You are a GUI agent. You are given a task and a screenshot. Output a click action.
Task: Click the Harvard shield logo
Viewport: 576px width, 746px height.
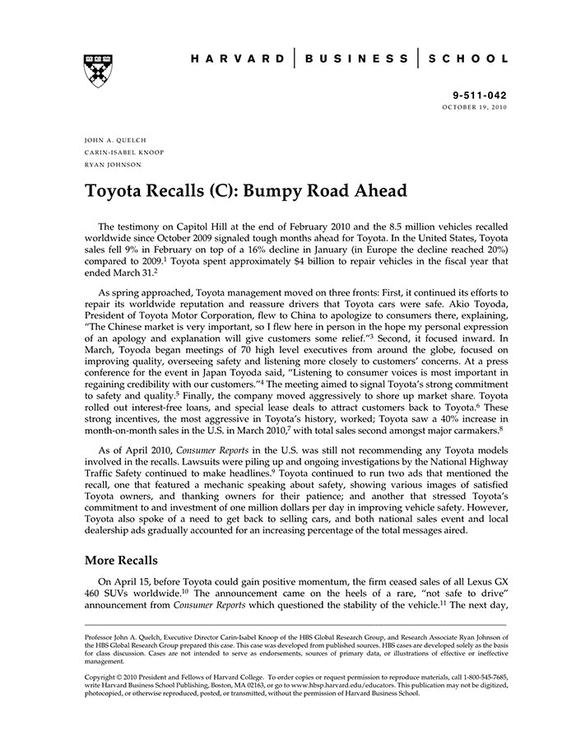(x=98, y=71)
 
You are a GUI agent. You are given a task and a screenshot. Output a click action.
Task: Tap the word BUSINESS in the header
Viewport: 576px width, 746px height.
(x=356, y=59)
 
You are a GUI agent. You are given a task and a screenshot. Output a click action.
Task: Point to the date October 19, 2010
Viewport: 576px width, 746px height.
(x=475, y=108)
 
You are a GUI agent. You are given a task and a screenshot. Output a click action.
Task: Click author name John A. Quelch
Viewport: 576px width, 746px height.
(x=116, y=140)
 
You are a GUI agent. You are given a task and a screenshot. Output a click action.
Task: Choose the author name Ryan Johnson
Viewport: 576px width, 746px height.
(x=113, y=165)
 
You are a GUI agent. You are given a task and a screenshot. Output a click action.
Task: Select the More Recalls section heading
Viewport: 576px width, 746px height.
(x=121, y=560)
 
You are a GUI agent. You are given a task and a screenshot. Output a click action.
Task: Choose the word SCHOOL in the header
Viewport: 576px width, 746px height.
(x=469, y=59)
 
